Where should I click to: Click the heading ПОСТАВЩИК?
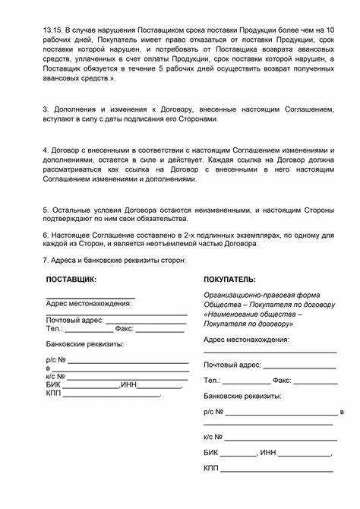[x=71, y=280]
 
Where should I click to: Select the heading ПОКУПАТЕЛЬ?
[x=229, y=280]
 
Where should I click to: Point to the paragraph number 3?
[x=45, y=110]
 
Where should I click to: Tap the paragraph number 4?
[x=45, y=150]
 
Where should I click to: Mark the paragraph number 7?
[x=45, y=260]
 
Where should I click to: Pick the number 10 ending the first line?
[x=330, y=28]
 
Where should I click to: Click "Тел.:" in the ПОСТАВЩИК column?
[x=55, y=329]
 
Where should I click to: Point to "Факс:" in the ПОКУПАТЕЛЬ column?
[x=282, y=380]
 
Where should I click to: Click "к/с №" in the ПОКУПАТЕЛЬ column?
[x=213, y=437]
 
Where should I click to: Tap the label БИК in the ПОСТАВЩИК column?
[x=54, y=385]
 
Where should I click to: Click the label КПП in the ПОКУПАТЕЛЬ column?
[x=211, y=468]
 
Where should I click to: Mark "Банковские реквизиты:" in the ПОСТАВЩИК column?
[x=85, y=344]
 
